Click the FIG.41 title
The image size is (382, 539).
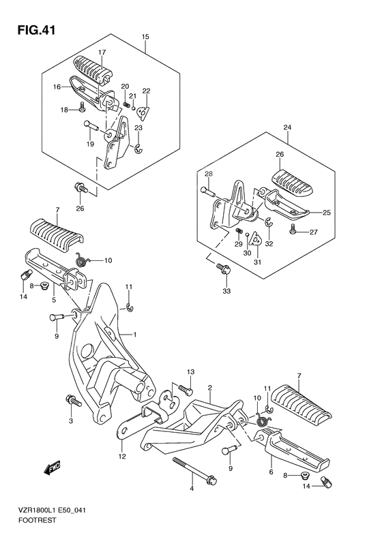tap(36, 31)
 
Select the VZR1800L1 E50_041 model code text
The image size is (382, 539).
tap(52, 510)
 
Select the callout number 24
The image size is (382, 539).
tap(287, 127)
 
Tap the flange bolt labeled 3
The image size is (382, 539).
tap(73, 400)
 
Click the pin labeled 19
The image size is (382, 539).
tap(91, 125)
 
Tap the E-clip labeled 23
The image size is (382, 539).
tap(139, 148)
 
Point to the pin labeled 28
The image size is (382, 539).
tap(208, 190)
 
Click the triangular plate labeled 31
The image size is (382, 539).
tap(256, 239)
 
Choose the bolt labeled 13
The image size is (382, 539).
tap(185, 388)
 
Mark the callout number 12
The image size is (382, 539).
tap(122, 457)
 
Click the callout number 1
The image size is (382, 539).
tap(135, 334)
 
